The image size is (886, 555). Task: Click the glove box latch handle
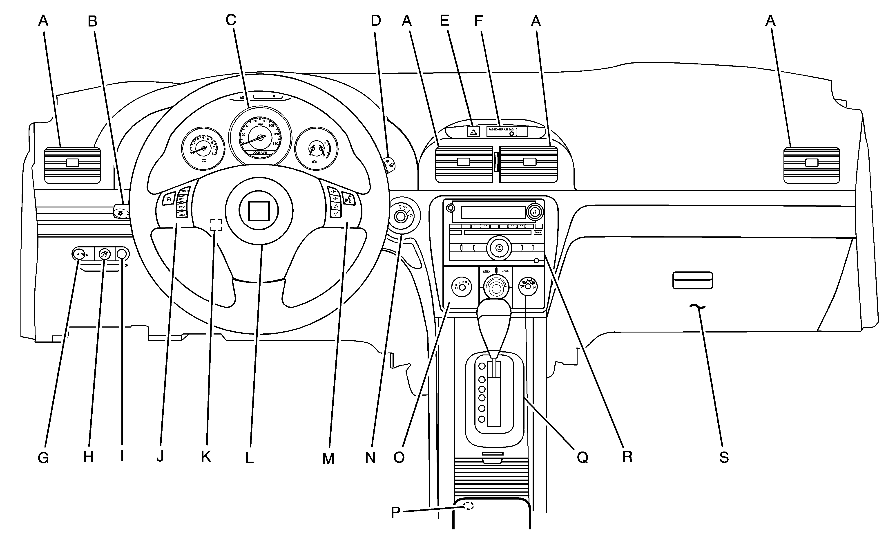tap(692, 280)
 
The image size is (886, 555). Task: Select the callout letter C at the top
tap(231, 20)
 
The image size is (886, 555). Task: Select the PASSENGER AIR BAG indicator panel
tap(507, 131)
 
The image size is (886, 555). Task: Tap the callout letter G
tap(43, 458)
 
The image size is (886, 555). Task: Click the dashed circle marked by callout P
tap(468, 505)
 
